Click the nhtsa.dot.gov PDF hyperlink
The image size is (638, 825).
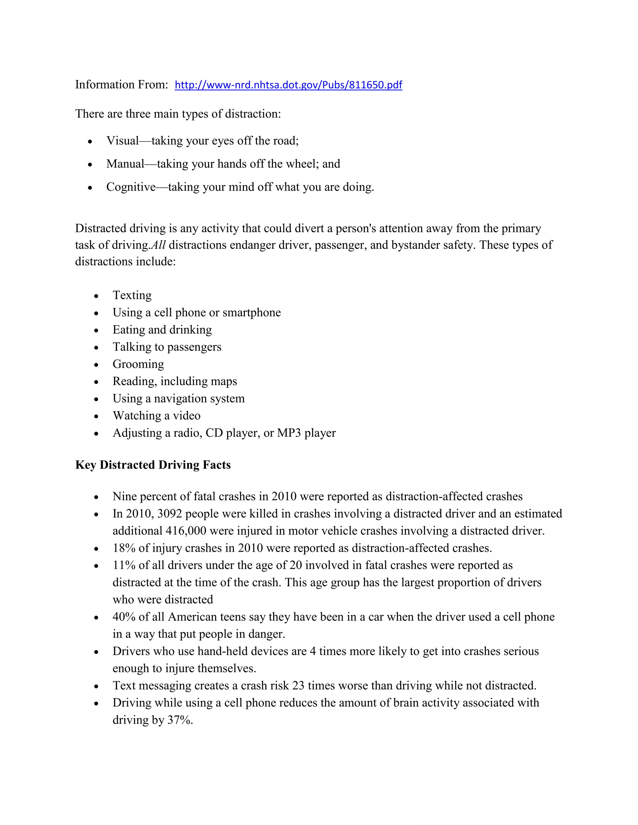[288, 85]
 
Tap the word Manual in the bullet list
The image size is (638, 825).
[125, 164]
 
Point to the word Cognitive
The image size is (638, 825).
[131, 187]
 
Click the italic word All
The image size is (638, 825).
[158, 245]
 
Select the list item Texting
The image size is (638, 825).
[132, 295]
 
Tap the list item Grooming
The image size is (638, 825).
[138, 364]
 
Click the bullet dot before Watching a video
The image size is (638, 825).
[96, 416]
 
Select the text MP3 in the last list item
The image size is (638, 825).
[289, 433]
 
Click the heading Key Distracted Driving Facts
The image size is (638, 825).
[153, 465]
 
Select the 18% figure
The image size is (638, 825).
[124, 548]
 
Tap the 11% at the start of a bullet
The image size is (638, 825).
[124, 565]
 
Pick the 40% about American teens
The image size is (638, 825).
[124, 617]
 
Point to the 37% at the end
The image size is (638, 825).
[179, 720]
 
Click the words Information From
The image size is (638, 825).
[121, 85]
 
